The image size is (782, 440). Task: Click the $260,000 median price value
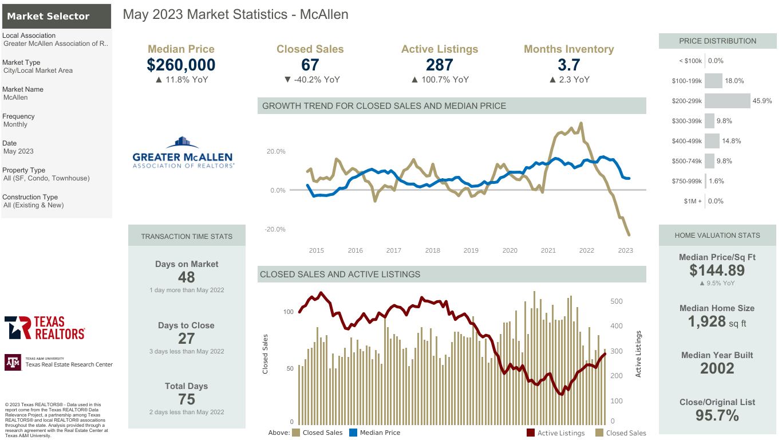coord(181,65)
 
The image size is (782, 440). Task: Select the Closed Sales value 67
coord(310,65)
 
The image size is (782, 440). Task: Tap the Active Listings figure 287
coord(439,65)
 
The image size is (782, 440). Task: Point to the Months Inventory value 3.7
coord(568,65)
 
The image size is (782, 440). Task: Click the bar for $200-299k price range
coord(727,101)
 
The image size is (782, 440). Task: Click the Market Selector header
coord(49,16)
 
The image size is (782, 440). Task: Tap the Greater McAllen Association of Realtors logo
coord(183,152)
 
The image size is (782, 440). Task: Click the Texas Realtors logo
coord(45,328)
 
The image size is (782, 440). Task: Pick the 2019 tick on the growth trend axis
coord(471,250)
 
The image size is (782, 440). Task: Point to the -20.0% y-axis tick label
coord(275,229)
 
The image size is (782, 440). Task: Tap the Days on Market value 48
coord(187,277)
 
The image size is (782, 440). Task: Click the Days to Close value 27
coord(187,338)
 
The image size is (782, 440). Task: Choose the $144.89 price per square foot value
coord(717,270)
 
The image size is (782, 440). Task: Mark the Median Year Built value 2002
coord(717,368)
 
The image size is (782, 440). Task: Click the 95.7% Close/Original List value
coord(717,415)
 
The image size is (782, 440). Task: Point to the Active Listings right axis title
coord(638,354)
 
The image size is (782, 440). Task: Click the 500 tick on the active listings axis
coord(617,301)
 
